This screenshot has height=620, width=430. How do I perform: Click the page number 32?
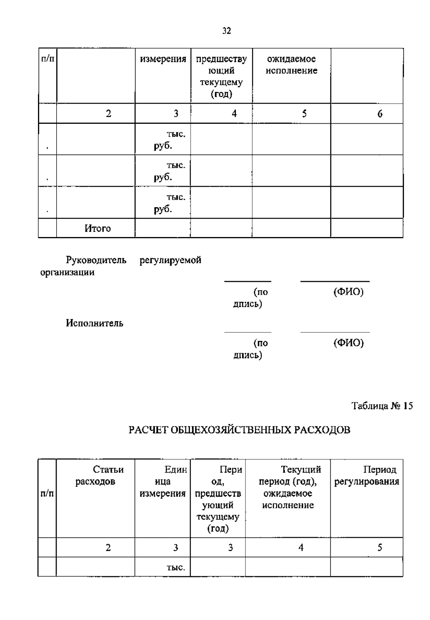point(226,31)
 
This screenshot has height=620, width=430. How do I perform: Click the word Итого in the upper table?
point(97,228)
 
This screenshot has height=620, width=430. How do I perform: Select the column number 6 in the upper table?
point(380,114)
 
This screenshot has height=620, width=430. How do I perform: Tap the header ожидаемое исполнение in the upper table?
point(291,65)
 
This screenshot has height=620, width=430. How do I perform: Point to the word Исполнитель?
point(95,323)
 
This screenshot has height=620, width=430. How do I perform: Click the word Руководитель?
point(96,260)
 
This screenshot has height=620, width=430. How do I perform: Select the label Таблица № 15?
point(382,406)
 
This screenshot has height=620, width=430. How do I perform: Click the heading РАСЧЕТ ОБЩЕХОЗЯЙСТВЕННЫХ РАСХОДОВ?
point(239,430)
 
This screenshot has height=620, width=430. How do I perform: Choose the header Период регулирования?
point(367,475)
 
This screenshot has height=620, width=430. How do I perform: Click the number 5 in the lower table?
point(380,548)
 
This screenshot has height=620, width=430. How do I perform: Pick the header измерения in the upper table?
point(163,59)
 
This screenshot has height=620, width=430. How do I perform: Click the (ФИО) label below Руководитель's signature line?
point(348,292)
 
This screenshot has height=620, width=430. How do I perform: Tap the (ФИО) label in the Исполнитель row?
point(348,343)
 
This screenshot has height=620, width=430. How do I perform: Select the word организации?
point(67,272)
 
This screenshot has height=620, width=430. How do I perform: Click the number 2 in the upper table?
point(109,114)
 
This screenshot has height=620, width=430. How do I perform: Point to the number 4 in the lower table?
point(301,548)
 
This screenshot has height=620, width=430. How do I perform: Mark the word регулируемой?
point(170,260)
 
